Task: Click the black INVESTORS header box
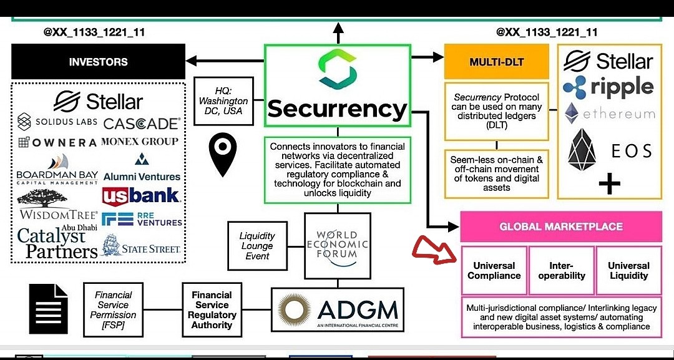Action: (x=98, y=62)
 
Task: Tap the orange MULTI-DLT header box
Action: (x=496, y=62)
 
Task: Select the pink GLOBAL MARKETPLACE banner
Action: (x=560, y=226)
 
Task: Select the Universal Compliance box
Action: (x=494, y=270)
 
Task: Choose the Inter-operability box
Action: (x=562, y=270)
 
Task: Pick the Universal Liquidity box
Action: (x=628, y=270)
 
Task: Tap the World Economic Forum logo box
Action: (x=337, y=245)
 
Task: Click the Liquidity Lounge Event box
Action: (x=257, y=246)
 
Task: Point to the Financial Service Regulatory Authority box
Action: (x=212, y=310)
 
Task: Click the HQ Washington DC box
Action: (x=223, y=100)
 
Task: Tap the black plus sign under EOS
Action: (x=609, y=184)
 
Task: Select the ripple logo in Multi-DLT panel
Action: (x=608, y=87)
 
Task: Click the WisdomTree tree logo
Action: (x=41, y=198)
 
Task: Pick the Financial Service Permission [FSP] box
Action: (x=113, y=310)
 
